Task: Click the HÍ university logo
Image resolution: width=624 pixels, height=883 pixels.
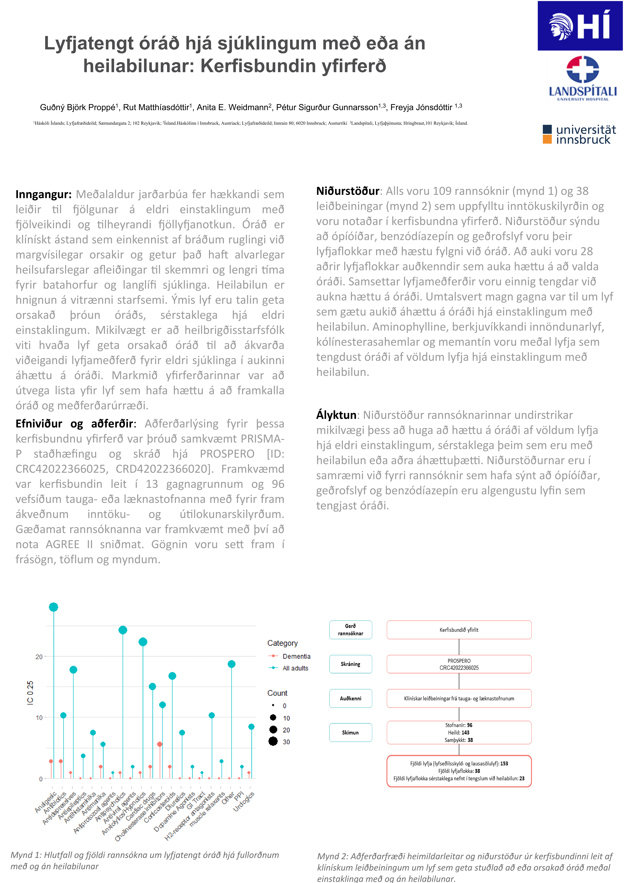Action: pyautogui.click(x=580, y=26)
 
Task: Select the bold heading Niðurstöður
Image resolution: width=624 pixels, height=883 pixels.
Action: pyautogui.click(x=348, y=191)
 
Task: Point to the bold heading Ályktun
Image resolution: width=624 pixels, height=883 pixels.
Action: pyautogui.click(x=336, y=415)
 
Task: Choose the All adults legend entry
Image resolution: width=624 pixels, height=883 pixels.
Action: pyautogui.click(x=295, y=668)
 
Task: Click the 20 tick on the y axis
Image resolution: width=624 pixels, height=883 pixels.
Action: pyautogui.click(x=39, y=656)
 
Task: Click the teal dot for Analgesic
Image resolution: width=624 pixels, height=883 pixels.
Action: pyautogui.click(x=53, y=607)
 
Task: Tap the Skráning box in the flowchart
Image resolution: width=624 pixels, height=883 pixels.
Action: pyautogui.click(x=350, y=664)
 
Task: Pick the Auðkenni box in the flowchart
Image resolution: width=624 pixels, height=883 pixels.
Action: pyautogui.click(x=350, y=698)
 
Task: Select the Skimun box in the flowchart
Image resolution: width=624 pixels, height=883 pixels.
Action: pyautogui.click(x=350, y=733)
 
